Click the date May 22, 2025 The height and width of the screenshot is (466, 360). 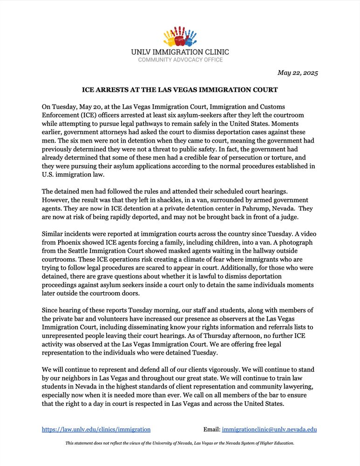pyautogui.click(x=298, y=73)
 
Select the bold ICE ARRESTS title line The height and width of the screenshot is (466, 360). pyautogui.click(x=180, y=89)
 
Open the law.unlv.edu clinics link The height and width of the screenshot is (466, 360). pyautogui.click(x=96, y=429)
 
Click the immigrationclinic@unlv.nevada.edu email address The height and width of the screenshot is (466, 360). pyautogui.click(x=269, y=429)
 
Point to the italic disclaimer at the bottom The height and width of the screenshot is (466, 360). pyautogui.click(x=180, y=443)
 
